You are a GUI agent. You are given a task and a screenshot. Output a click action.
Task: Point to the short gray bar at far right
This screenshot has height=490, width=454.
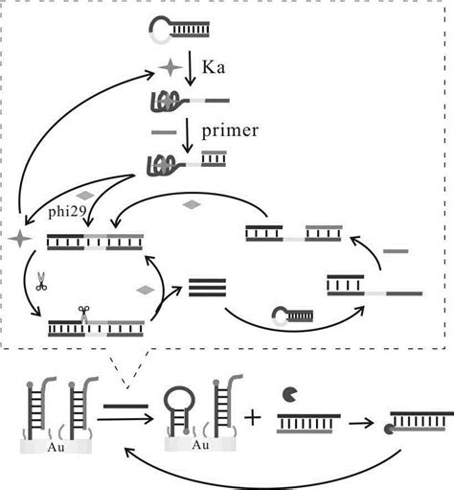click(x=397, y=251)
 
